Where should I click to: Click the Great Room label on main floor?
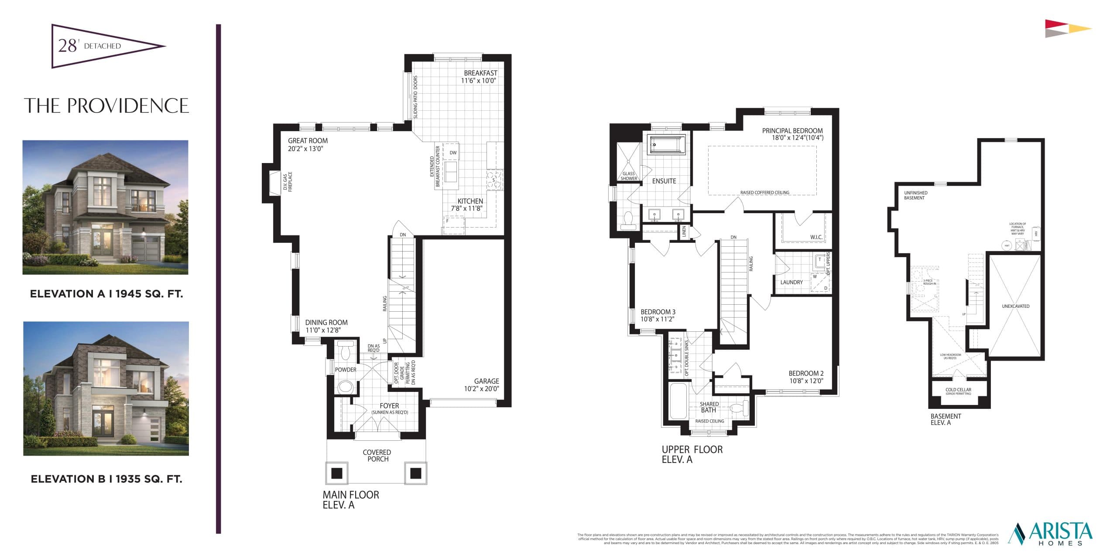(308, 141)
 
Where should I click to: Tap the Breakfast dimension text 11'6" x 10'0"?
(479, 81)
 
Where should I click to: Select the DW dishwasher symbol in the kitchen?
(453, 153)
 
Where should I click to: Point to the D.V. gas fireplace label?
(288, 182)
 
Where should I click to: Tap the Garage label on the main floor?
(487, 381)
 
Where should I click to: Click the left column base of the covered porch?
(337, 473)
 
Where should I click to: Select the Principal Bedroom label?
(792, 131)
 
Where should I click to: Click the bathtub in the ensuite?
(667, 144)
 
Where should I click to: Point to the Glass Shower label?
(629, 176)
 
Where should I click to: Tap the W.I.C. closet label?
(816, 237)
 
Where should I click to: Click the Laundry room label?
(791, 282)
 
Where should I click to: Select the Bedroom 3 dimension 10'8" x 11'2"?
(657, 319)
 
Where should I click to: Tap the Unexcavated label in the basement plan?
(1015, 306)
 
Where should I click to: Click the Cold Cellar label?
(958, 390)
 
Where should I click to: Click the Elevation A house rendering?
(105, 207)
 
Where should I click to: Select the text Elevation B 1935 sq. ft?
(106, 479)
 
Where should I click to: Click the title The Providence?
(106, 106)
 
